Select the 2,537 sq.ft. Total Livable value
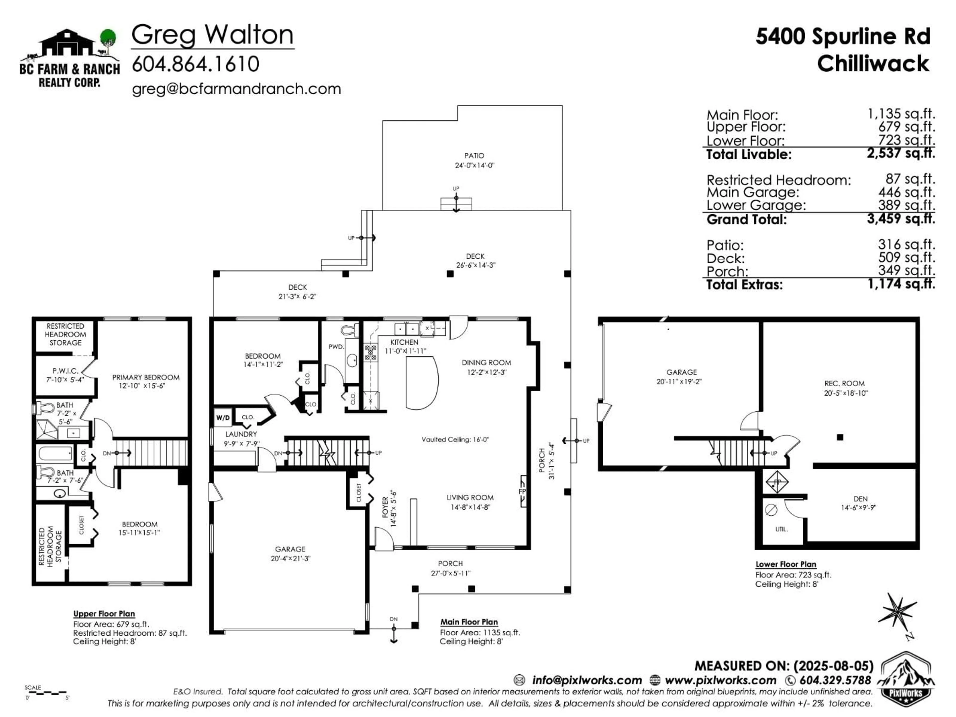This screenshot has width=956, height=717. pos(901,153)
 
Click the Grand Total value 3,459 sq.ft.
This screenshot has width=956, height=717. pos(901,218)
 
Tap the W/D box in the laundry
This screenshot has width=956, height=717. pos(223,418)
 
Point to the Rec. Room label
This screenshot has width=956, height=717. pos(845,388)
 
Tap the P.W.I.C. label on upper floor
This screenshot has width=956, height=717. pos(65,375)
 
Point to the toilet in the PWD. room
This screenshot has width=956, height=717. pos(349,331)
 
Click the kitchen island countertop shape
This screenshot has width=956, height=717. pos(421,382)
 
